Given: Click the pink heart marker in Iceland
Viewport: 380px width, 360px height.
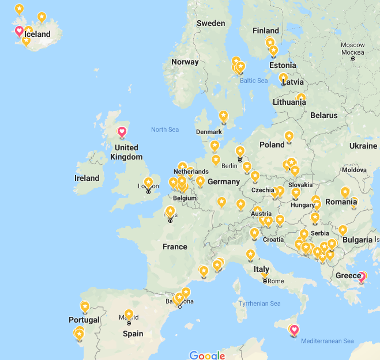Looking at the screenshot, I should [x=19, y=31].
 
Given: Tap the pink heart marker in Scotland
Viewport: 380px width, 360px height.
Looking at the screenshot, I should [x=122, y=132].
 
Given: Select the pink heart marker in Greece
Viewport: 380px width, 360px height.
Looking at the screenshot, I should [x=362, y=277].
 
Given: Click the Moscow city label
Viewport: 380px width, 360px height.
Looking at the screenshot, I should [x=352, y=45].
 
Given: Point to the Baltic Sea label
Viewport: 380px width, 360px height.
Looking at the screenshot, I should [x=254, y=81].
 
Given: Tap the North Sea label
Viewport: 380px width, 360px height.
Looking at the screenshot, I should [x=165, y=130].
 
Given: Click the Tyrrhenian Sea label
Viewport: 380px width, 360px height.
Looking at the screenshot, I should [x=259, y=304].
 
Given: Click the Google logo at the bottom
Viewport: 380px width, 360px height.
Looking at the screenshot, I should [x=206, y=355].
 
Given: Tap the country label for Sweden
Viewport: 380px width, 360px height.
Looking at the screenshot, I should [x=210, y=24].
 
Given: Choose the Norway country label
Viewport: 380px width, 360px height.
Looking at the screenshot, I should [x=185, y=62].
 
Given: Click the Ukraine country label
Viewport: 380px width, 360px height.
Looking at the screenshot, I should [x=363, y=146].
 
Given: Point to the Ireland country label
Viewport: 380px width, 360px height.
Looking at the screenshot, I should [x=86, y=178].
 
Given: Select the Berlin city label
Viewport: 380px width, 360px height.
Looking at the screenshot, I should [x=229, y=166].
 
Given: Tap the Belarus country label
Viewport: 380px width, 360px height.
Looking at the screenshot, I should [x=323, y=115].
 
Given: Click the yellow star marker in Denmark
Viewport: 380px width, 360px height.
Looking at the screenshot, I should [x=223, y=115].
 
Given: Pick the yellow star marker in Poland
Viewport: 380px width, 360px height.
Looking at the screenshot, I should [x=288, y=136].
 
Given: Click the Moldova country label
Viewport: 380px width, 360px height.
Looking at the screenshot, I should [x=354, y=170].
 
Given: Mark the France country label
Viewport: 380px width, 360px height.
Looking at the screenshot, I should [x=175, y=247].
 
